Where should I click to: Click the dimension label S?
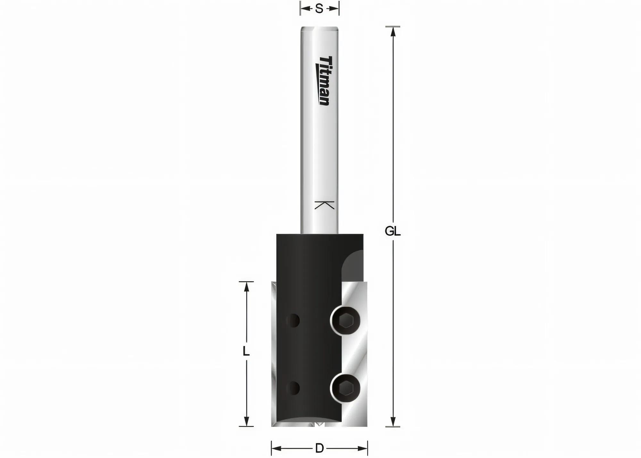[x=319, y=9]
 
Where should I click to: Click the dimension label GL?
[x=393, y=231]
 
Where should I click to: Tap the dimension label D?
[x=319, y=448]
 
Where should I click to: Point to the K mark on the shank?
[x=324, y=205]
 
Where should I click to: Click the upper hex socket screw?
[x=345, y=321]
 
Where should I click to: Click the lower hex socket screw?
[x=345, y=388]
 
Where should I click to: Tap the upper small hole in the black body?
[x=293, y=321]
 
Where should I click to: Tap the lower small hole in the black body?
[x=293, y=388]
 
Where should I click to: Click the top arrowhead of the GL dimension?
[x=393, y=32]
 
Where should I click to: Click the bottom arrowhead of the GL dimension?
[x=393, y=421]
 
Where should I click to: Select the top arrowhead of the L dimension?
[x=246, y=287]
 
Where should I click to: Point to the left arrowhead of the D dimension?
[x=276, y=448]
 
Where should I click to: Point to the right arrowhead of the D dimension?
[x=362, y=448]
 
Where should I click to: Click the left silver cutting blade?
[x=273, y=353]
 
